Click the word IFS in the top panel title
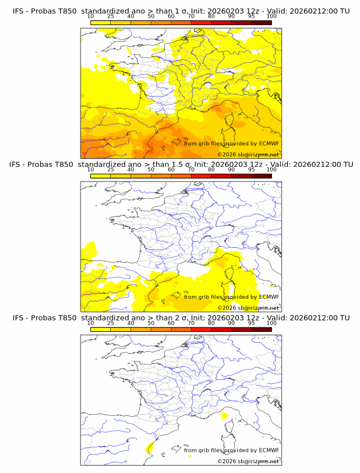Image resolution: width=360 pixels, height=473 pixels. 19,11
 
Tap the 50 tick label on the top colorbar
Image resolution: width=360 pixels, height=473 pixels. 151,17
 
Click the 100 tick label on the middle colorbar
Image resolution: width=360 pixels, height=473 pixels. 271,170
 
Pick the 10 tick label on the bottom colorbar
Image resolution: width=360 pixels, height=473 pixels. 90,323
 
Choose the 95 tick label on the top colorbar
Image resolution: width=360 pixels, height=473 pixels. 251,17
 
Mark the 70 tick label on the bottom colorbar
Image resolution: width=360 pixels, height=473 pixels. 191,323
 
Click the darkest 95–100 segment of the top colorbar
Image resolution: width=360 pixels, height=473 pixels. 261,22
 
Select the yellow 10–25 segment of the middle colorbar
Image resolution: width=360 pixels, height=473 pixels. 101,175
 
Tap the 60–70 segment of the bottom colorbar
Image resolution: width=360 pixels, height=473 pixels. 181,328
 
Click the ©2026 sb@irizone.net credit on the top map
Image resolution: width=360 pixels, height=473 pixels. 248,154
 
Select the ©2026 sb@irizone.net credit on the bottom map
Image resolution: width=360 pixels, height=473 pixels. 248,460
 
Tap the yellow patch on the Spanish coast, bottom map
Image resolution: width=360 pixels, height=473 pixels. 150,447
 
